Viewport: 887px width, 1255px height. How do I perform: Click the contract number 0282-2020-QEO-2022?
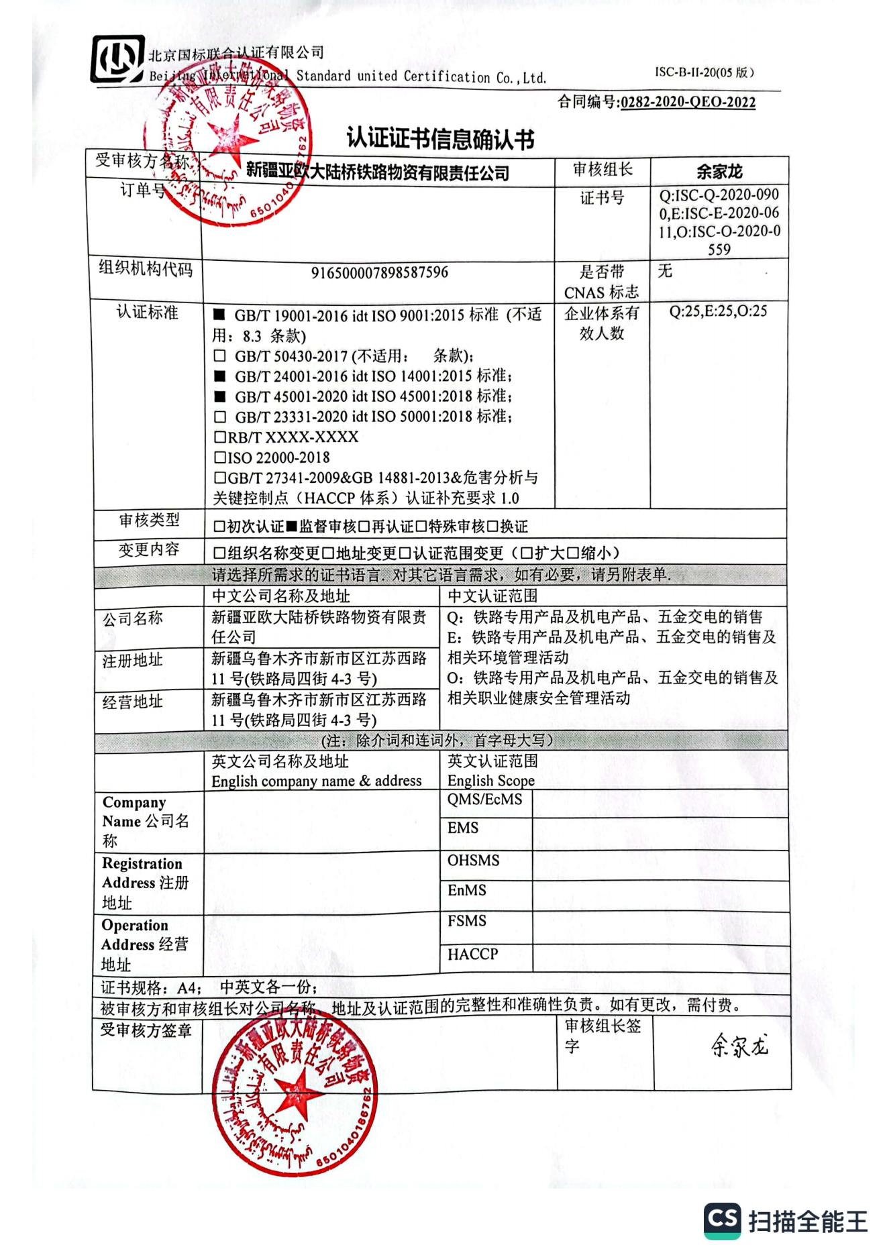688,103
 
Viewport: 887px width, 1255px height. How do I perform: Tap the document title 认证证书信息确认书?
440,139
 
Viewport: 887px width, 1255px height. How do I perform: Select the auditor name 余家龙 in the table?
719,172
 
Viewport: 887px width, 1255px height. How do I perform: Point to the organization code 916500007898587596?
379,273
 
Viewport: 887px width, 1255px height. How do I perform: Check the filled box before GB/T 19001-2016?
219,315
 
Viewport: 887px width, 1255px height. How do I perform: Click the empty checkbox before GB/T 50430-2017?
219,356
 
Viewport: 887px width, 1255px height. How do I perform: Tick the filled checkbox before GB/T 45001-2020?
219,396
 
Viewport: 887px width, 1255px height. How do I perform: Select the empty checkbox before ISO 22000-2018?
219,458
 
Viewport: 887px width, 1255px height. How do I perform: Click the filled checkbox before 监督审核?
291,527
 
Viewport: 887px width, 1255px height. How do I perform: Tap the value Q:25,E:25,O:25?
718,311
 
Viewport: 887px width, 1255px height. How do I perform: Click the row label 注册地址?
132,661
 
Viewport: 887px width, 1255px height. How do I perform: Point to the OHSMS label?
473,861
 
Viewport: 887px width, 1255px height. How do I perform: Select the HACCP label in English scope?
472,954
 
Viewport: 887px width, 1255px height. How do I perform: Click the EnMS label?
466,891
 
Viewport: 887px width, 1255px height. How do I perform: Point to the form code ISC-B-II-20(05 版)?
704,72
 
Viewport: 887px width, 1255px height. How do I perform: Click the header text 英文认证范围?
492,761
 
